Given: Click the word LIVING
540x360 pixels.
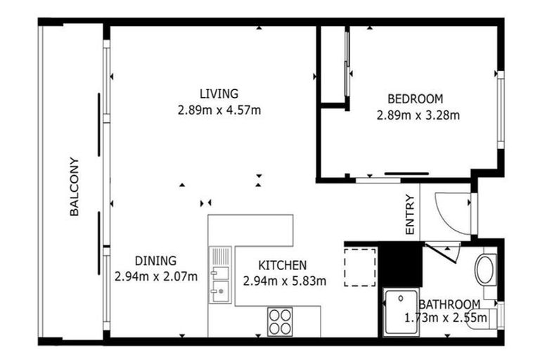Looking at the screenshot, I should [219, 94].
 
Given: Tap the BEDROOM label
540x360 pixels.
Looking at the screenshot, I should [415, 99].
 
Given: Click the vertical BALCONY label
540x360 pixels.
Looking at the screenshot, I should [75, 186].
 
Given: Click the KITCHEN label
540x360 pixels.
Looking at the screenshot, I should [283, 265].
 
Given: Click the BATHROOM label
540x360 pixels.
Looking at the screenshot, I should [449, 304].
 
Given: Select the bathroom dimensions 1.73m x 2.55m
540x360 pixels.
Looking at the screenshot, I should [446, 318].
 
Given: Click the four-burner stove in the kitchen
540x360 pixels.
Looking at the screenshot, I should [280, 322].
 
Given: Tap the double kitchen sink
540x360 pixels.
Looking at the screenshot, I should [220, 276].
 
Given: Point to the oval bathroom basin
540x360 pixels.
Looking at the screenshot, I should [486, 269].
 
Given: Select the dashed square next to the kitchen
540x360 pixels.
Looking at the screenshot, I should [360, 265].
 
